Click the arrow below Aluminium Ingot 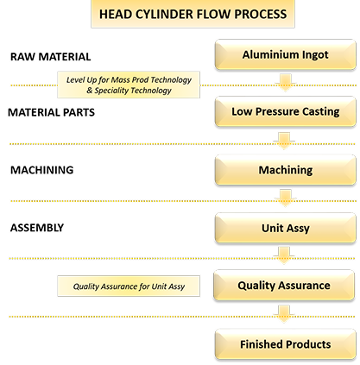point(284,82)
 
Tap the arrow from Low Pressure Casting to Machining point(284,141)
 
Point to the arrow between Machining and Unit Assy point(284,198)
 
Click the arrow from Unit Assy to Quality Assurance point(284,256)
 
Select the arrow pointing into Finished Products point(284,315)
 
